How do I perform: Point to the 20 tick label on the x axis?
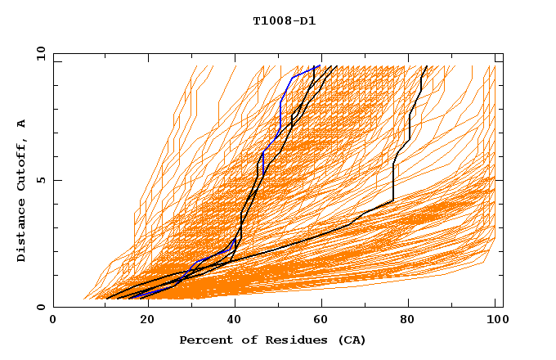click(x=143, y=320)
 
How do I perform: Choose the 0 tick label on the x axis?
click(x=54, y=320)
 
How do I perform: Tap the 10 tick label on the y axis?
click(x=38, y=53)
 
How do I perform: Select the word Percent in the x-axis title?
click(x=204, y=340)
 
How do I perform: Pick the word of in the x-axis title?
click(x=244, y=340)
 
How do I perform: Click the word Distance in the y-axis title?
click(x=21, y=231)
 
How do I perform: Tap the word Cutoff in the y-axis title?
click(x=21, y=165)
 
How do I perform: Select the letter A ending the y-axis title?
click(x=21, y=124)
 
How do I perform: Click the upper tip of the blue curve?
click(x=320, y=65)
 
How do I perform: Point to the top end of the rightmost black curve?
click(x=427, y=66)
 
